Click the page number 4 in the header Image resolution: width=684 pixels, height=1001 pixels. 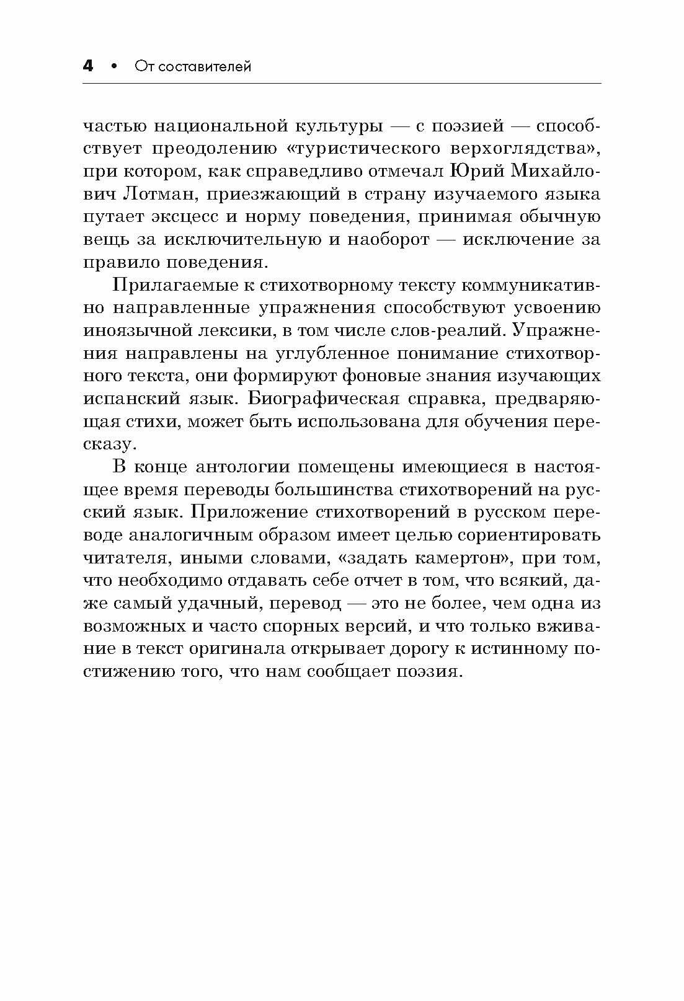[x=88, y=66]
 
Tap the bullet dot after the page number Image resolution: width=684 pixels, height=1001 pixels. [x=113, y=66]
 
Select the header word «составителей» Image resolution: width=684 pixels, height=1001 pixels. [x=205, y=66]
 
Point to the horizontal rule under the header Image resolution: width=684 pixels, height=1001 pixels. [x=342, y=84]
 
